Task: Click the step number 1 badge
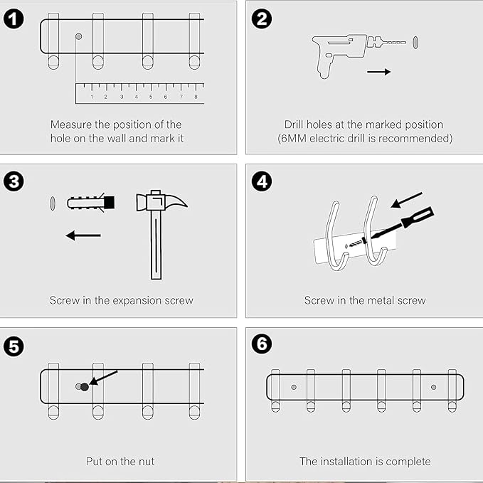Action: pos(14,18)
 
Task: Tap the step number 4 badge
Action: pos(262,181)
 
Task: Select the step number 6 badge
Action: pos(262,344)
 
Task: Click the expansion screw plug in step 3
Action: pos(91,202)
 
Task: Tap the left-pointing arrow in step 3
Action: pos(83,235)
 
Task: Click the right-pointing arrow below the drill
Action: pos(378,72)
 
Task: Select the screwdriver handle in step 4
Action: pos(418,217)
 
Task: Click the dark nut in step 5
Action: pos(85,387)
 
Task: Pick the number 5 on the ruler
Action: pos(151,97)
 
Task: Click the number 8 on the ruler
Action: pos(196,97)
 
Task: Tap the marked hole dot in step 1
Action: pos(78,36)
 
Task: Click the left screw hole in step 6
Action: pos(294,387)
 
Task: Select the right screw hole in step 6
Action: pos(434,387)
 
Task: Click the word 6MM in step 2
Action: pos(293,138)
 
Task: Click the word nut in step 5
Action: pos(145,462)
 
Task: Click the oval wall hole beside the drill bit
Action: pos(415,42)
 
